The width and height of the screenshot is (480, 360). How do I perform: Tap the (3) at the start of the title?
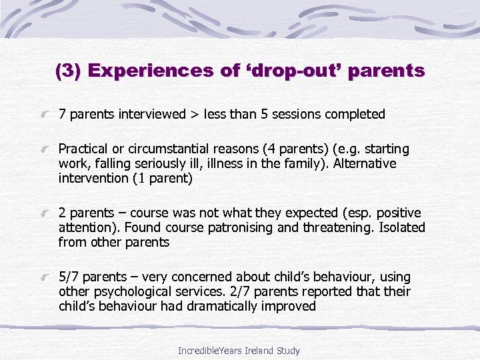(67, 71)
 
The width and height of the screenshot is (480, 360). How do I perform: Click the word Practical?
(83, 149)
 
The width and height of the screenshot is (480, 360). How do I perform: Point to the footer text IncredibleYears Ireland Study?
(239, 350)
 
